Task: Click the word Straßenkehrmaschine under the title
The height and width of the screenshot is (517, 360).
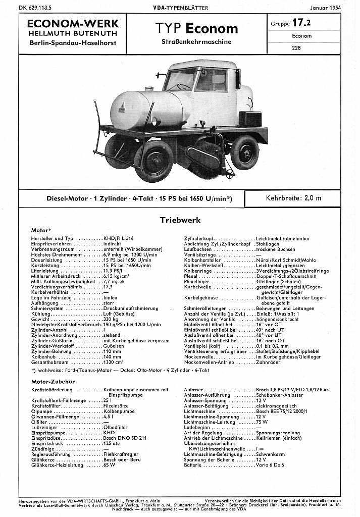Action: pyautogui.click(x=204, y=42)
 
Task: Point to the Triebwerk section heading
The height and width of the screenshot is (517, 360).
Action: pyautogui.click(x=180, y=220)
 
